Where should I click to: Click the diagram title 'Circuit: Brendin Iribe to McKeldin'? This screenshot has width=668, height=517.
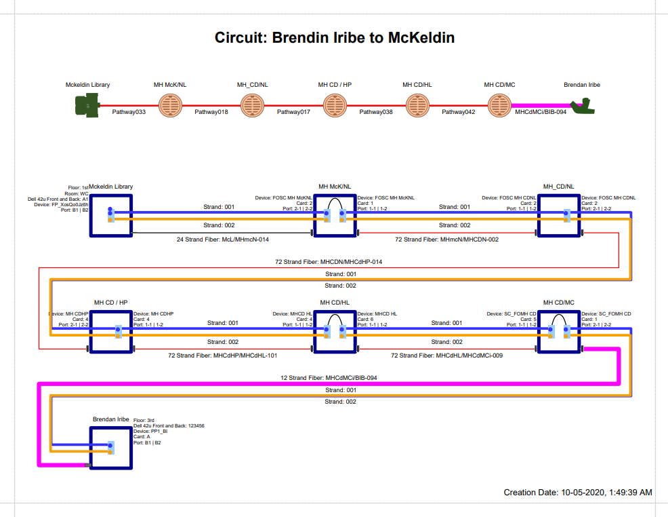point(334,38)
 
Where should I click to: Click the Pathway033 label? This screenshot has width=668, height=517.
point(129,112)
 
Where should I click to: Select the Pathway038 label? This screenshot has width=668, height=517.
point(376,112)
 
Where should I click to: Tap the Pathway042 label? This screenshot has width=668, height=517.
point(459,112)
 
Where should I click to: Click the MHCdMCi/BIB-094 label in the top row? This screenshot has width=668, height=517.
point(541,112)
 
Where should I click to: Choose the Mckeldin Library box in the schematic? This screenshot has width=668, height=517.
point(110,215)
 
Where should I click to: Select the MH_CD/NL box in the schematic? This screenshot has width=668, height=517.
point(558,215)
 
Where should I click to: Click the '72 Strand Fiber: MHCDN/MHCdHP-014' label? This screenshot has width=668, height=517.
point(334,261)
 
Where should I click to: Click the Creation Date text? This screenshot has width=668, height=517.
point(578,492)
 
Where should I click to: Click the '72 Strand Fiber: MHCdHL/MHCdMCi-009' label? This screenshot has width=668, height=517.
point(446,355)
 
